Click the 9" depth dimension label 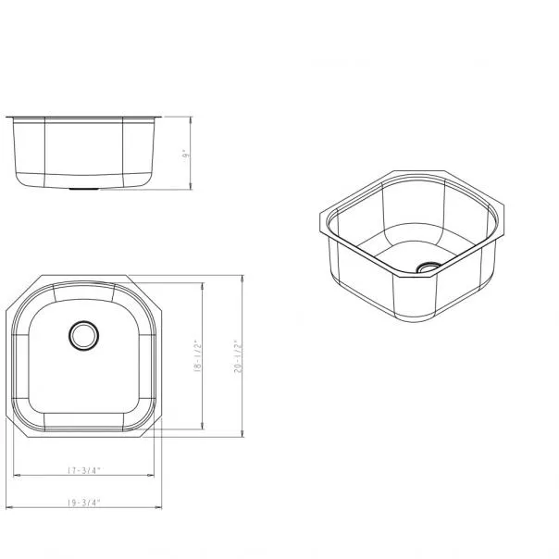(185, 155)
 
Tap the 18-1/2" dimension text (197, 356)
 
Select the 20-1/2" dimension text (238, 356)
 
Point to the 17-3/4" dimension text (84, 470)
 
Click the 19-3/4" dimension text (84, 503)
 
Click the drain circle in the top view (84, 335)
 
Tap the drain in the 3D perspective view (429, 267)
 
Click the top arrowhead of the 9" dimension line (191, 119)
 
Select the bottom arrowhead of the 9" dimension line (191, 186)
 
